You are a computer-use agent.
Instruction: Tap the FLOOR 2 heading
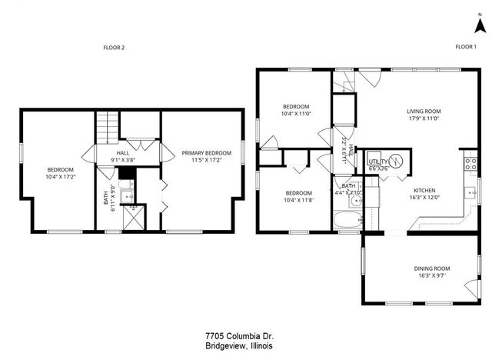coord(114,48)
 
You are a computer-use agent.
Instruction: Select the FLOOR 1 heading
coord(465,48)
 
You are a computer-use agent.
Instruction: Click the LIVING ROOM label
coord(424,111)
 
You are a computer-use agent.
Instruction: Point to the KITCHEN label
coord(424,190)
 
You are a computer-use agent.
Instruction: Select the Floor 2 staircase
coord(107,126)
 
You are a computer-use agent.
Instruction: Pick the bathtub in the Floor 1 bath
coord(347,221)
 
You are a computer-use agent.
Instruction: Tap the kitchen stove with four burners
coord(468,162)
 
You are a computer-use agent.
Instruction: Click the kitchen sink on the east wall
coord(469,192)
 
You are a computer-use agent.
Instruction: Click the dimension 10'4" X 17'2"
coord(60,177)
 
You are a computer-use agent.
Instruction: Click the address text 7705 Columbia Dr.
coord(239,336)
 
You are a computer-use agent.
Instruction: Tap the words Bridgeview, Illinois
coord(239,346)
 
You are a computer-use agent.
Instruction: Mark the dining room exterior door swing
coord(470,290)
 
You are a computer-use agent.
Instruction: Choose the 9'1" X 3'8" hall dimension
coord(122,160)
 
